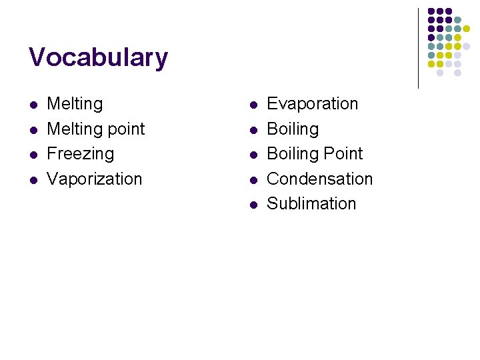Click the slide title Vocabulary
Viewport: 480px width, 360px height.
(98, 58)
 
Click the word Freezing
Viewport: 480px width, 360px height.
(81, 154)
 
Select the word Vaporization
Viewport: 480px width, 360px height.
(95, 179)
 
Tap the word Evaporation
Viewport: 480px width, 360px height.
(312, 104)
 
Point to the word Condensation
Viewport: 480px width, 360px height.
(319, 179)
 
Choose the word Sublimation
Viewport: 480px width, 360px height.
(311, 204)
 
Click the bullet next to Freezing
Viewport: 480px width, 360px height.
(34, 155)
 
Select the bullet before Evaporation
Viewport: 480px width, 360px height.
(253, 105)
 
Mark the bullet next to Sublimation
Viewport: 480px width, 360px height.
(253, 205)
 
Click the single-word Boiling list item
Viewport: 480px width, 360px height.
(293, 129)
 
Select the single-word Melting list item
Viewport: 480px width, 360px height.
(75, 104)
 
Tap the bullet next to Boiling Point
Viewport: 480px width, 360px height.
(253, 155)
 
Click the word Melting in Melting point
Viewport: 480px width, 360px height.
(75, 129)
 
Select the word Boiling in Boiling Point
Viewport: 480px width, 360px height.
(293, 154)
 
